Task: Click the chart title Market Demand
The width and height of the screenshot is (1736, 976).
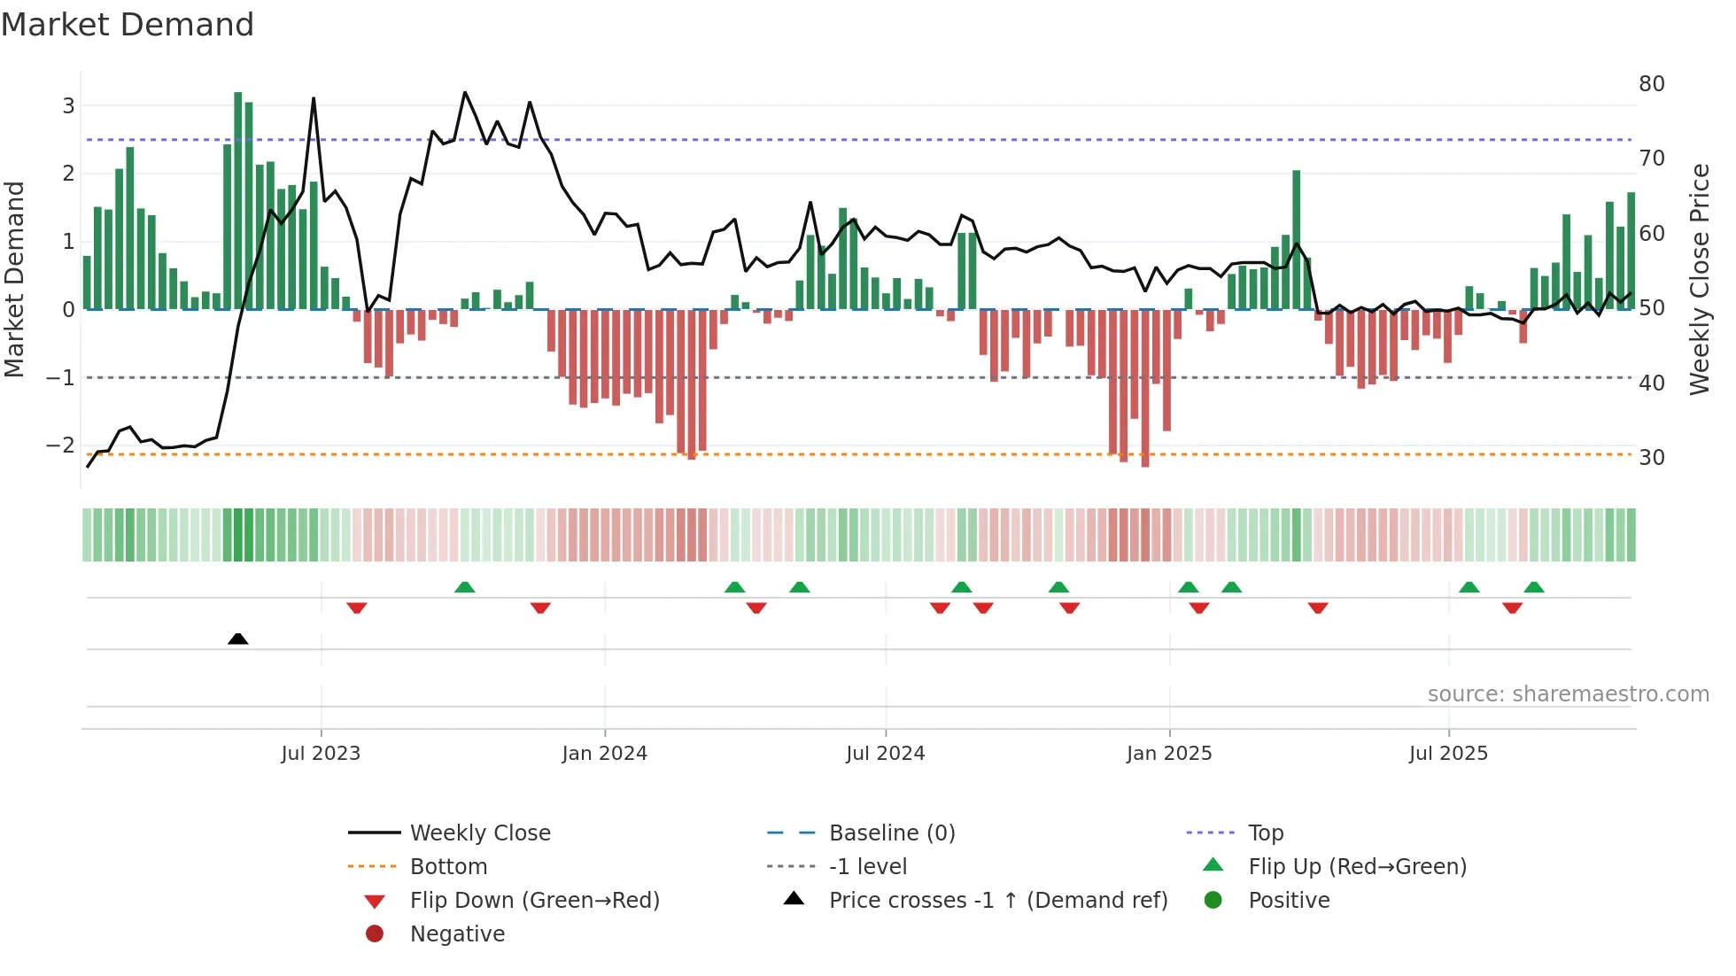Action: click(128, 25)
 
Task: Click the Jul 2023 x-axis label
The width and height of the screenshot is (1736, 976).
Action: click(321, 754)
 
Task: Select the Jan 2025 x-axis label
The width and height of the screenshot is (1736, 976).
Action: click(1169, 754)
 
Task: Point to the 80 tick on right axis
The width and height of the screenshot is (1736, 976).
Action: click(1652, 84)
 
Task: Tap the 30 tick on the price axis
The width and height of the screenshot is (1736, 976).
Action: click(1652, 458)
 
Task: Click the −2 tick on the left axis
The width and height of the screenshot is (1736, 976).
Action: click(60, 445)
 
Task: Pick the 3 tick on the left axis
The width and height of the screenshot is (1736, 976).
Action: click(68, 106)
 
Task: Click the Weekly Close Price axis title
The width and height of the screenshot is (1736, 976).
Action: click(1699, 279)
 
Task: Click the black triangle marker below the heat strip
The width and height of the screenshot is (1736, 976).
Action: click(237, 639)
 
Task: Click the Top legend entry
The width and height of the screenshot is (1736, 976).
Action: click(1266, 833)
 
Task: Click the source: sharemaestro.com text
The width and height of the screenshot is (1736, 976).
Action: click(1568, 694)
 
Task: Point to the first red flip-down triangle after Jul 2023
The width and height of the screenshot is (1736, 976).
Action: click(357, 608)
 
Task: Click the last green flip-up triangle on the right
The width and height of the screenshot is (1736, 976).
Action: click(1534, 587)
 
